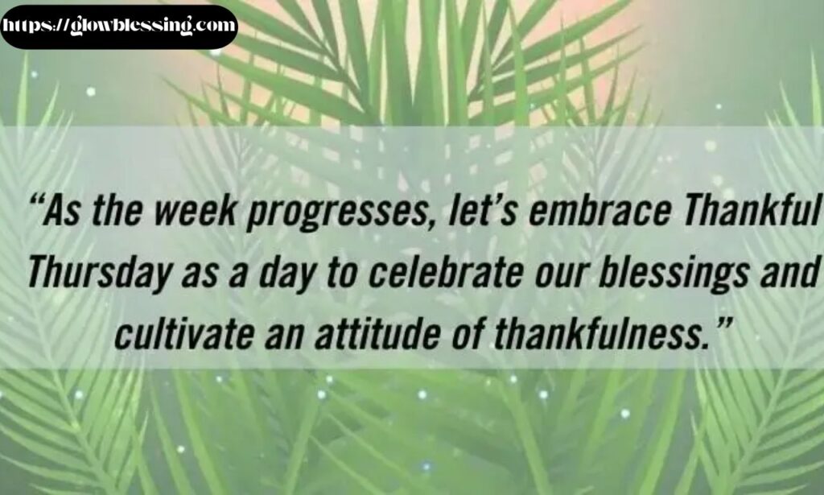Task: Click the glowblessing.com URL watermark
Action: point(119,26)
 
